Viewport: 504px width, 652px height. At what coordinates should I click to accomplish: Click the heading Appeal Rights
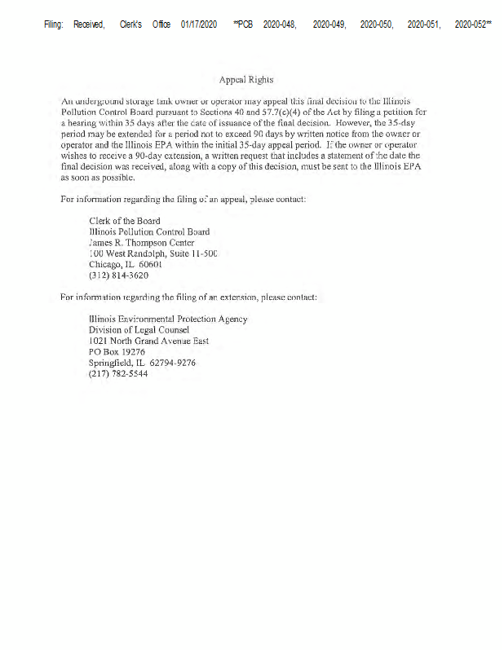click(246, 80)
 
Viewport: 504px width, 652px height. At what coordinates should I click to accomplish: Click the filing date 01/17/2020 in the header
click(199, 25)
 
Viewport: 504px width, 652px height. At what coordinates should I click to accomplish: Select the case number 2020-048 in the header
click(279, 25)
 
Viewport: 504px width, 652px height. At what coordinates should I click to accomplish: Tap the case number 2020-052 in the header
click(474, 25)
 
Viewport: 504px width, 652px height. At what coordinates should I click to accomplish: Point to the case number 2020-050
click(378, 25)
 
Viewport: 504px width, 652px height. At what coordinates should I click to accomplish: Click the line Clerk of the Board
click(125, 221)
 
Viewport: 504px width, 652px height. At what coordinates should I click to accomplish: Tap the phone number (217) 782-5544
click(118, 373)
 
